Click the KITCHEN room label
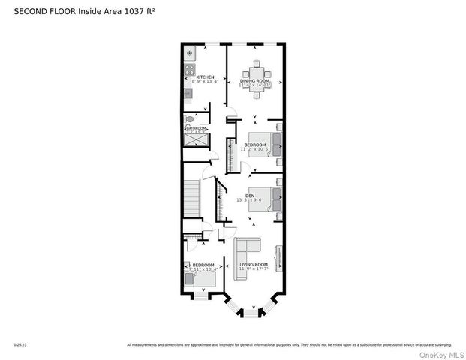click(205, 77)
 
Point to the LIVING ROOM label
click(254, 264)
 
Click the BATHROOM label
click(196, 128)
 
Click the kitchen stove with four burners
click(189, 72)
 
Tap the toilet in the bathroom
click(190, 118)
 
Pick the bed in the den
click(267, 199)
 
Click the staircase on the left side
click(192, 199)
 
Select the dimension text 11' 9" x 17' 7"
click(254, 268)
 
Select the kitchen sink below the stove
click(188, 92)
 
